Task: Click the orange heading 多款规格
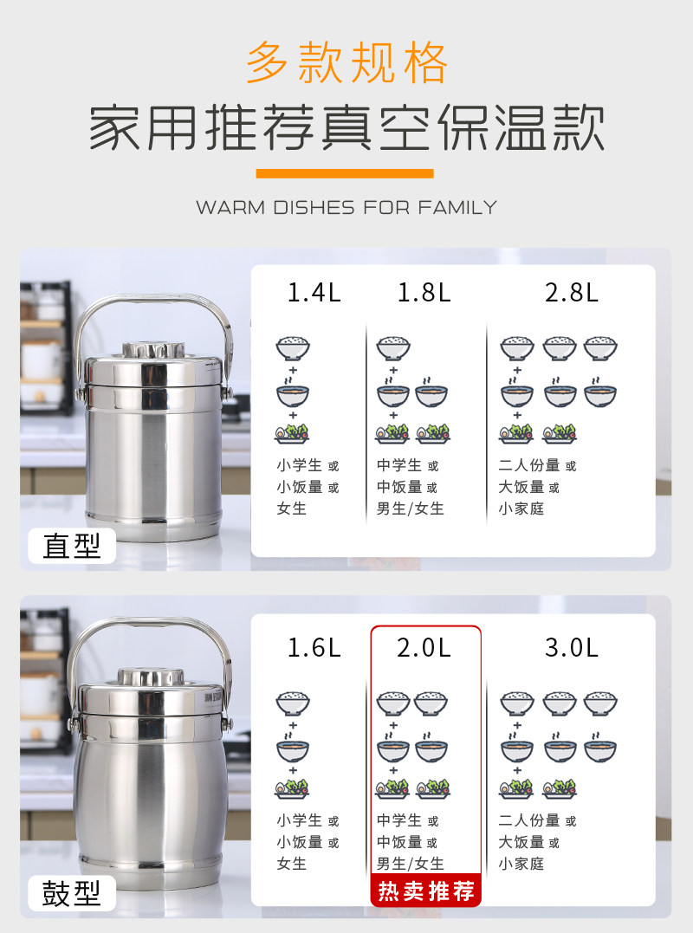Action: [346, 62]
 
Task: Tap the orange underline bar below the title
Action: [345, 173]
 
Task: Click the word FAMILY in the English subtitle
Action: [457, 207]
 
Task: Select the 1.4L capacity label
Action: [314, 292]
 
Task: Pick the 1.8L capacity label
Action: [424, 292]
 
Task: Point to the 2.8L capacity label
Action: [572, 292]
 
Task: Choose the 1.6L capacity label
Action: [314, 647]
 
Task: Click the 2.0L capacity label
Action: [424, 647]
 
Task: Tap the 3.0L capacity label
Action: [572, 647]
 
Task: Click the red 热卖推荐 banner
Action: [426, 891]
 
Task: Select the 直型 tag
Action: [71, 546]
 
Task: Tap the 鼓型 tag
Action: [71, 893]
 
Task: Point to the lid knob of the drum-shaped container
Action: [151, 677]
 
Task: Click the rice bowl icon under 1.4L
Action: [293, 349]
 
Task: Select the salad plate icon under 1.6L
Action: [292, 788]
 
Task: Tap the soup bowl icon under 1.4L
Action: [293, 393]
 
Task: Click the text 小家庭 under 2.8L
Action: [521, 509]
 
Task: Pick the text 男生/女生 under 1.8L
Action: [411, 509]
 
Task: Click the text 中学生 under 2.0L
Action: [399, 820]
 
